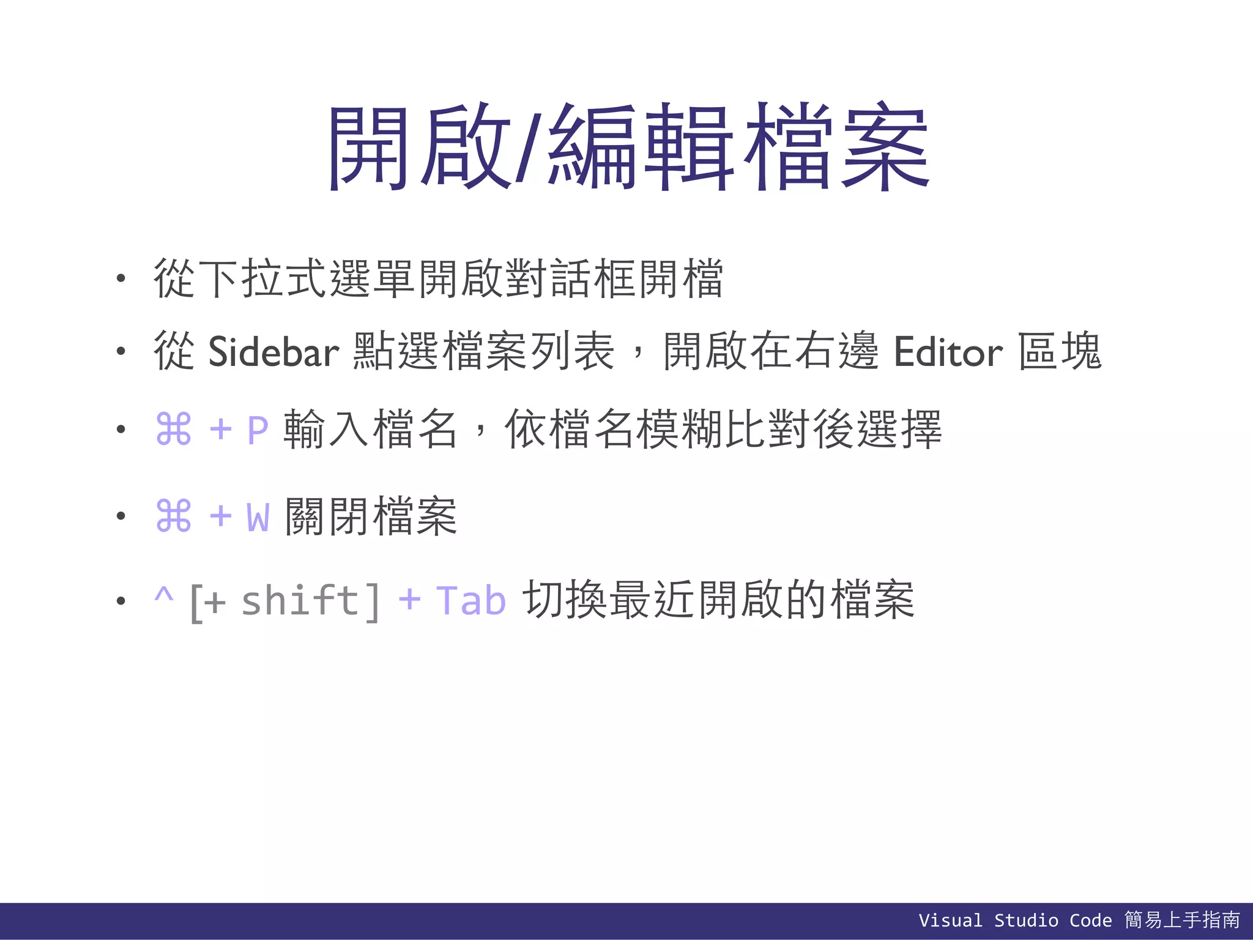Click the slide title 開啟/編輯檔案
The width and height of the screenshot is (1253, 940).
pos(628,147)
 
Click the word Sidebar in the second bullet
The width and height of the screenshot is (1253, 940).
pos(273,352)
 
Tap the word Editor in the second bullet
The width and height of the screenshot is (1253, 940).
pos(948,352)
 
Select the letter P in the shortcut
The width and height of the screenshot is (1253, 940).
pos(258,430)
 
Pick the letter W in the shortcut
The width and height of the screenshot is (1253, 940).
pos(258,517)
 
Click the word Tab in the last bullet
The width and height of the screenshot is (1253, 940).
pos(470,600)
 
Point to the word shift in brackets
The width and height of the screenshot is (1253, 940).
pos(300,600)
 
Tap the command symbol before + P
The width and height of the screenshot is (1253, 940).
pos(174,429)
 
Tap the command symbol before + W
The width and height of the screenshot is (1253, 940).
pos(174,517)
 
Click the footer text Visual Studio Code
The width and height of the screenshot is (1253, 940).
pos(1015,920)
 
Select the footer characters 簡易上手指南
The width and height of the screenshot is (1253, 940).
pos(1182,920)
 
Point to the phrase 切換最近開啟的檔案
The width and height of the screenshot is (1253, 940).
pos(718,600)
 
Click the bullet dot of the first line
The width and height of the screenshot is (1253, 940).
pos(121,279)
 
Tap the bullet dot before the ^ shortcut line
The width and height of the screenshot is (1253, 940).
pos(121,601)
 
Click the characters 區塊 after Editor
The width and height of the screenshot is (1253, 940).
pos(1060,352)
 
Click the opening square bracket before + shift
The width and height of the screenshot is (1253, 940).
pos(196,603)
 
